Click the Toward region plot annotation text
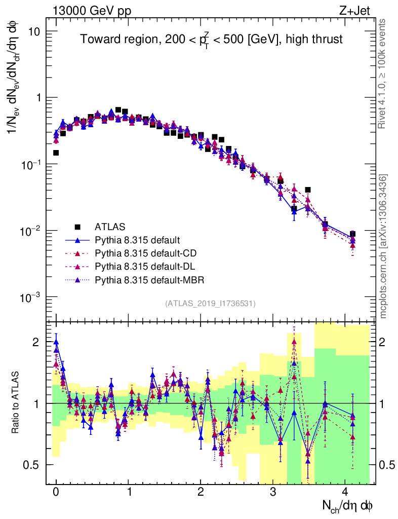(x=212, y=40)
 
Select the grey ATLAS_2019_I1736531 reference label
(x=210, y=304)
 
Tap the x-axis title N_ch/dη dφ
(x=348, y=505)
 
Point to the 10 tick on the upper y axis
(x=33, y=31)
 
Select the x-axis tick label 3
(x=273, y=492)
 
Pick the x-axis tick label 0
(x=56, y=492)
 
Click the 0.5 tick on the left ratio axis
(x=32, y=465)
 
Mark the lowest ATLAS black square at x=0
(x=56, y=153)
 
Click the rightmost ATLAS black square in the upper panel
(x=352, y=234)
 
